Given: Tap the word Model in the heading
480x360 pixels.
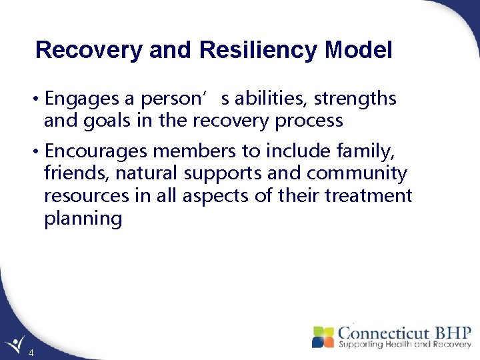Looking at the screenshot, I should (360, 50).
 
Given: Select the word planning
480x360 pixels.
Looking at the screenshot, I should (83, 219).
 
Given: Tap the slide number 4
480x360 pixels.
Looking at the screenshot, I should (31, 351).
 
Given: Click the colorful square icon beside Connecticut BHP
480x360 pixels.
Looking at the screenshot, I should (323, 337).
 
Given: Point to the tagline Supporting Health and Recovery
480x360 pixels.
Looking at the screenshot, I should (404, 345).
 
